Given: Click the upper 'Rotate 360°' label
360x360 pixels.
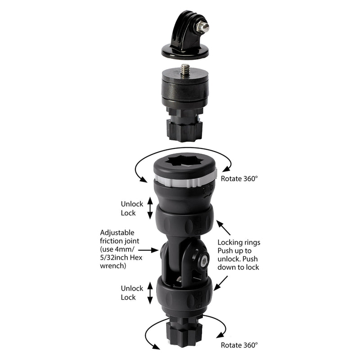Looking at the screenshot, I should tap(239, 178).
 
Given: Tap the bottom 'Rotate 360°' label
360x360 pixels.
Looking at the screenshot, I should tap(239, 346).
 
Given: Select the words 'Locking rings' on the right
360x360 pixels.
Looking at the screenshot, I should tap(238, 243).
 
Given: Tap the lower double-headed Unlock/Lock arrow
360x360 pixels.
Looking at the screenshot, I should tap(150, 293).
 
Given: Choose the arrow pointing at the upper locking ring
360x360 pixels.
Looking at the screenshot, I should tap(223, 225).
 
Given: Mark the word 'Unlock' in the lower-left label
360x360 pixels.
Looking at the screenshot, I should tap(132, 288).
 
